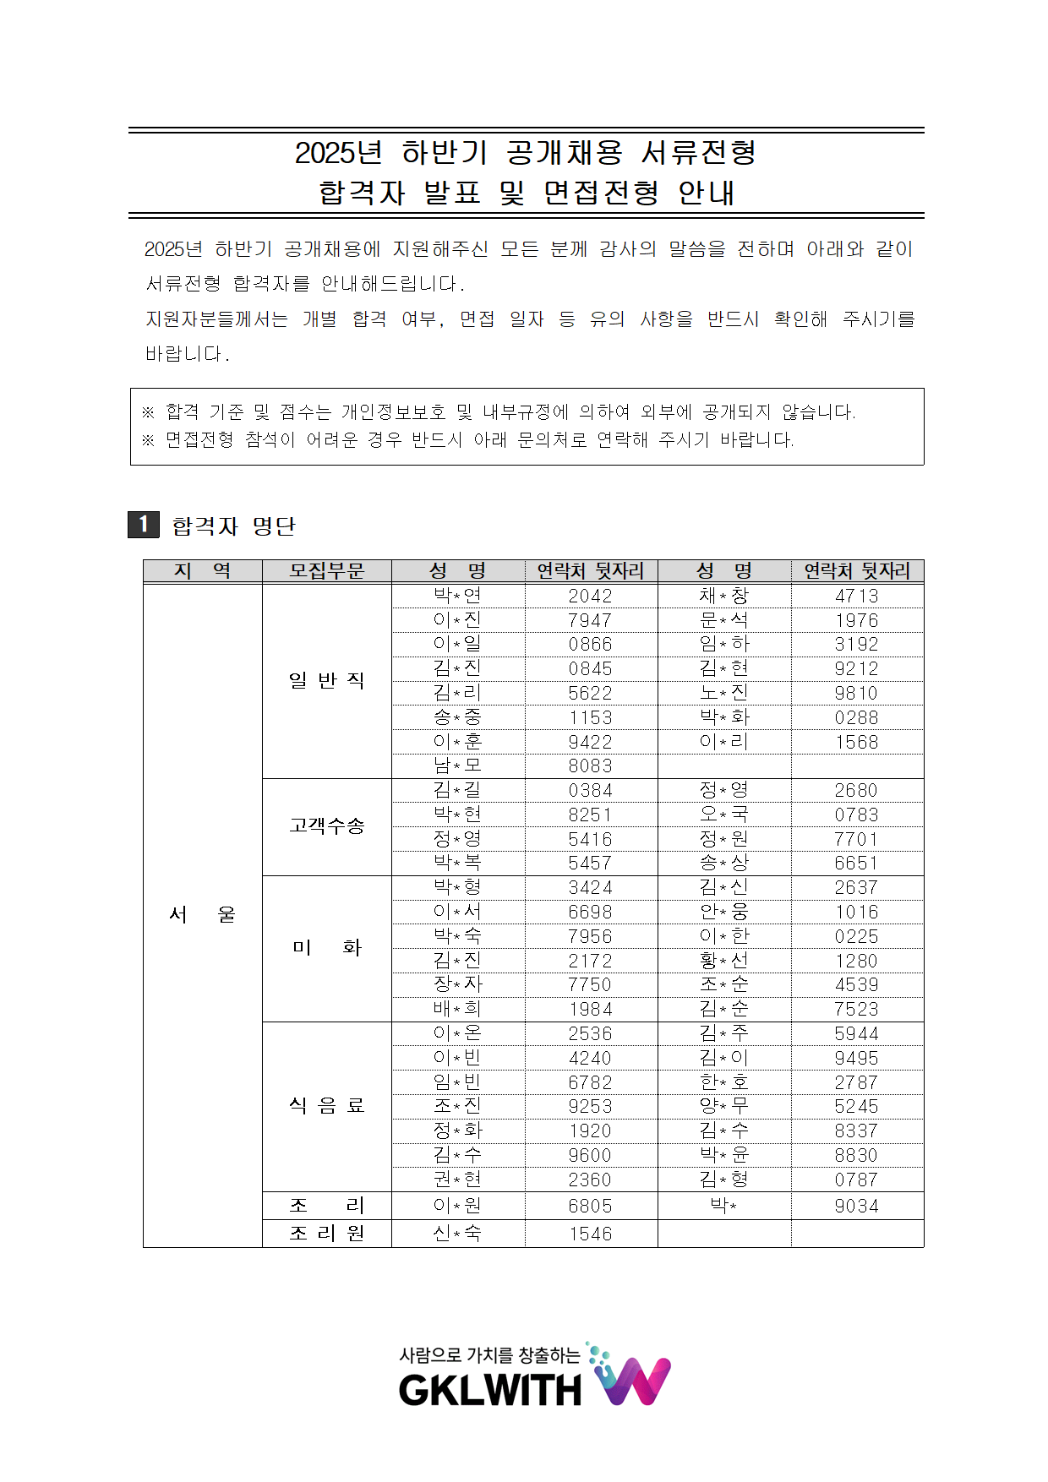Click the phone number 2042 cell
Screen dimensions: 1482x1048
coord(590,596)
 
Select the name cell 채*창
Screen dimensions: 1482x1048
coord(723,596)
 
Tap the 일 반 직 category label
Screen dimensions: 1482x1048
coord(326,681)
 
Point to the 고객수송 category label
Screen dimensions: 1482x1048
coord(326,826)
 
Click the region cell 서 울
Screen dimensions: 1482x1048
coord(202,915)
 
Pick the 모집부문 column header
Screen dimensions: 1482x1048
coord(326,571)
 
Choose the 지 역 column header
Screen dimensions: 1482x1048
coord(202,571)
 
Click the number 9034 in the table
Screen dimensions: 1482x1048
coord(856,1207)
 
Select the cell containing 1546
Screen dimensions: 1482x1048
coord(590,1234)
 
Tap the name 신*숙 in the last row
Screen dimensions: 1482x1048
coord(457,1234)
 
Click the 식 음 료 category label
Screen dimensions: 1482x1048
coord(326,1106)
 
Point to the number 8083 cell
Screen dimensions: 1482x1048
coord(590,766)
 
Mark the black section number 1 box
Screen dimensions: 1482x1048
coord(144,525)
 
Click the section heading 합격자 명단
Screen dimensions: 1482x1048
coord(233,526)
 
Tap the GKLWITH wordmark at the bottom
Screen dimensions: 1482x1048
coord(490,1390)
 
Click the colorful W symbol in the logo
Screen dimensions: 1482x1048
coord(634,1380)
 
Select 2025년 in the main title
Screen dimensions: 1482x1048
coord(338,153)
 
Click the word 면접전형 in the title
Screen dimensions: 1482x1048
coord(601,193)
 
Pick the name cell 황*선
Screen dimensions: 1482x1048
coord(723,961)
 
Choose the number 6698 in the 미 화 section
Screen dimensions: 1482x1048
coord(590,913)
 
